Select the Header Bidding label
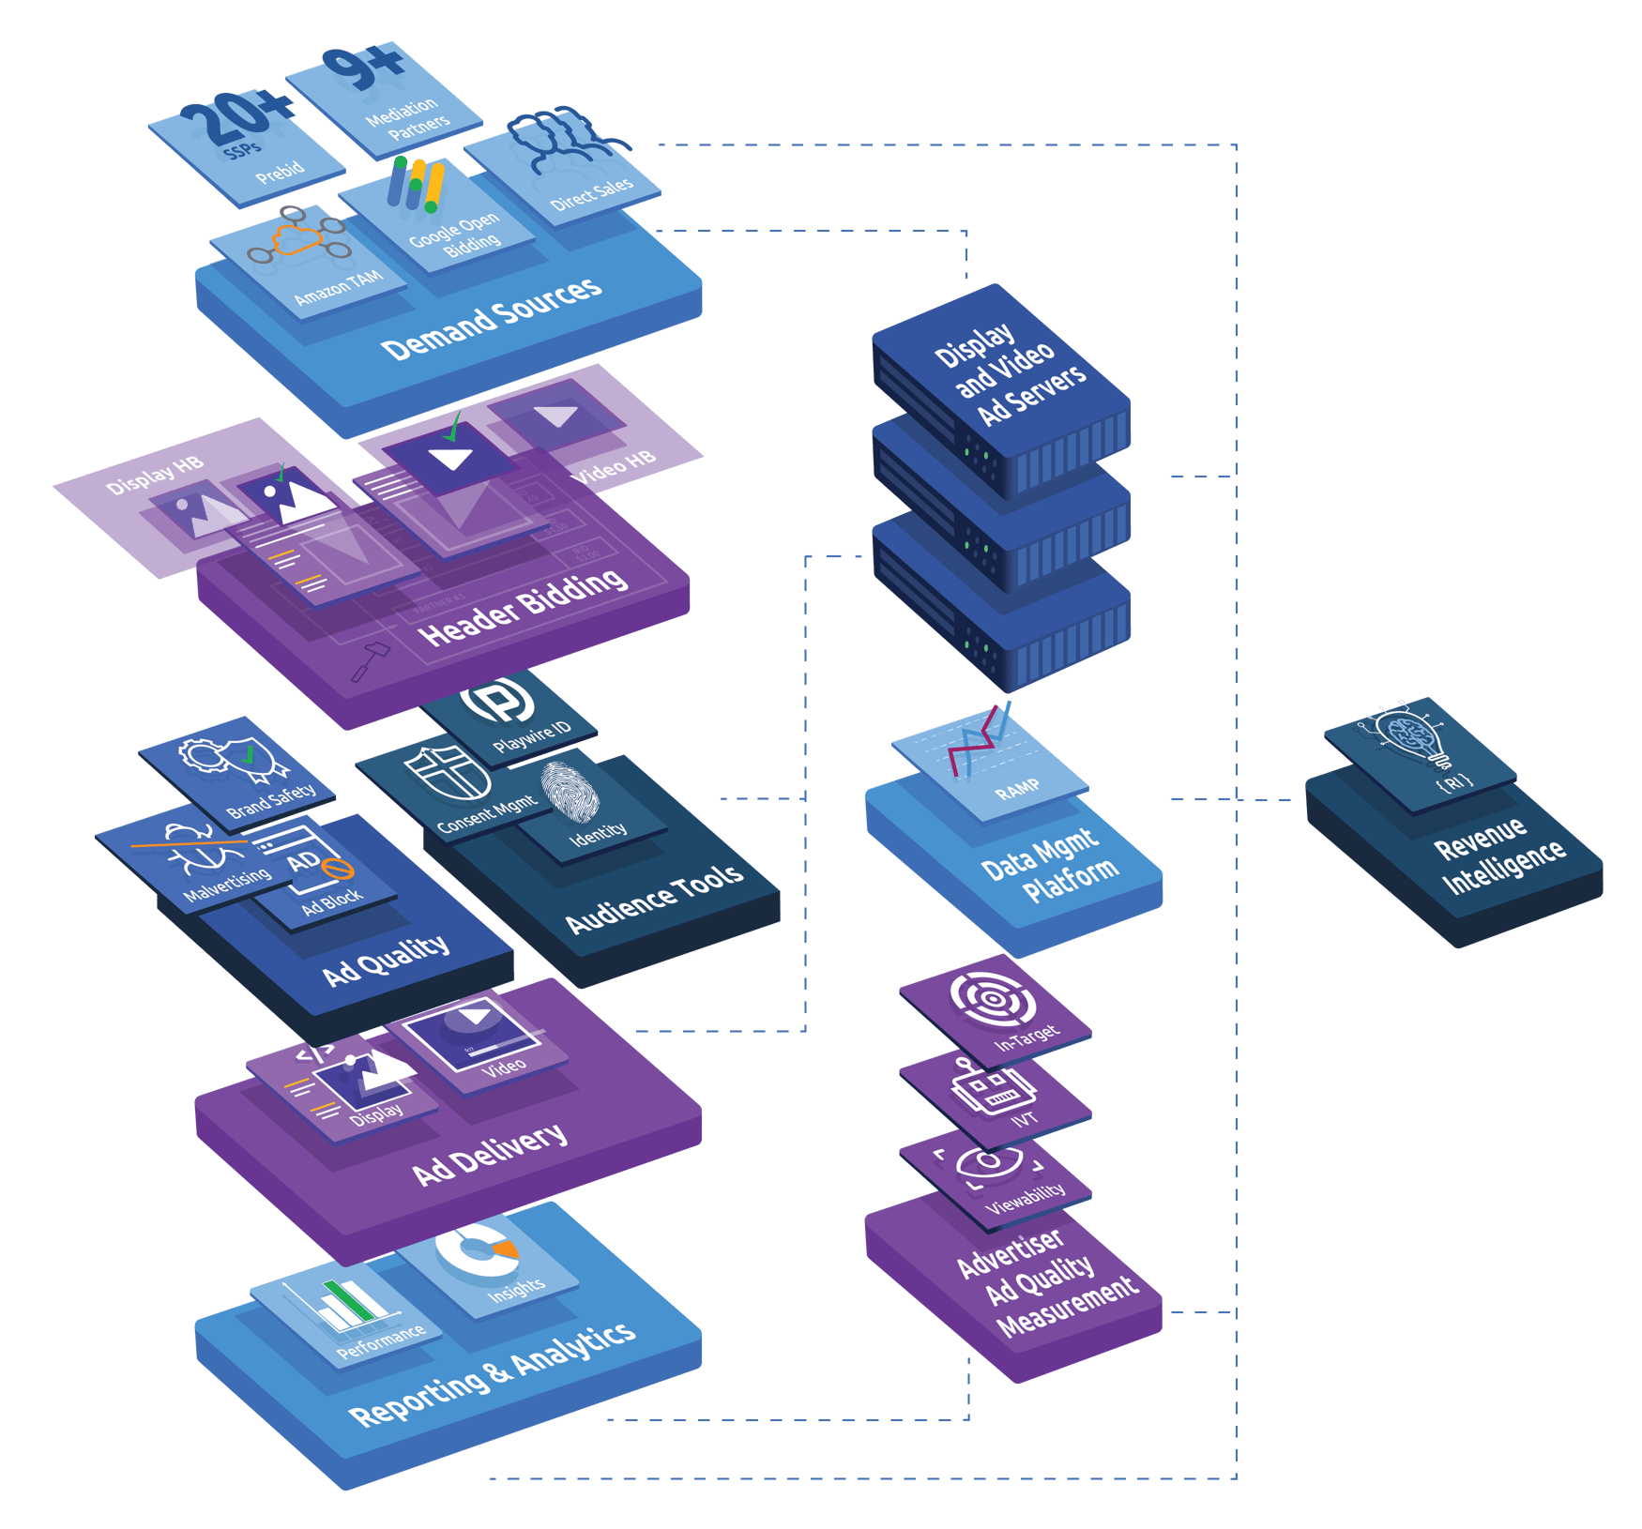[523, 607]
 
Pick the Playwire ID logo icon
[497, 700]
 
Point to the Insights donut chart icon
[478, 1249]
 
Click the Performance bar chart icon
[350, 1303]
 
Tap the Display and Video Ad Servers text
[1010, 374]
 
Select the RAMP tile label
[1017, 790]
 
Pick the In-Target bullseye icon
[993, 999]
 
